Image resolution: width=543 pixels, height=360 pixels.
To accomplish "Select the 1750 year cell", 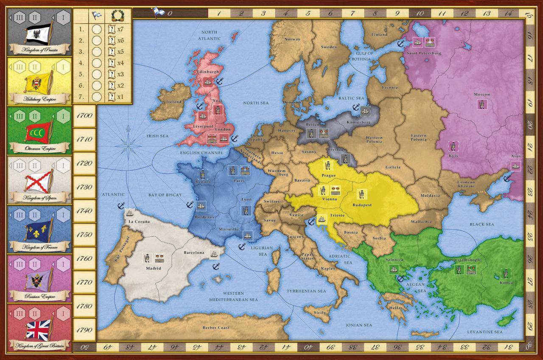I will pyautogui.click(x=84, y=234).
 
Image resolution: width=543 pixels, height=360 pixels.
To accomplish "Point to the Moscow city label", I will pyautogui.click(x=481, y=94).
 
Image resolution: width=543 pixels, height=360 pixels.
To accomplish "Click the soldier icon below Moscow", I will pyautogui.click(x=481, y=103).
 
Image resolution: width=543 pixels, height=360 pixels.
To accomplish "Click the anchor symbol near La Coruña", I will pyautogui.click(x=120, y=206).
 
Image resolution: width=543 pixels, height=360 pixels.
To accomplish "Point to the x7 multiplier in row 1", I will pyautogui.click(x=120, y=30).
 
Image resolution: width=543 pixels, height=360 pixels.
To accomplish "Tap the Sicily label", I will pyautogui.click(x=320, y=313).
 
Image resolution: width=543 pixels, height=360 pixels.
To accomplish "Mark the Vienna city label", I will pyautogui.click(x=330, y=198).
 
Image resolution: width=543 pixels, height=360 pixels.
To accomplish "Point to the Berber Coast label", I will pyautogui.click(x=216, y=327).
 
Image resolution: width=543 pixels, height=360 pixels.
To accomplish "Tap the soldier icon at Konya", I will pyautogui.click(x=505, y=273).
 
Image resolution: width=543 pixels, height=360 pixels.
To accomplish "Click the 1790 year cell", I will pyautogui.click(x=84, y=329).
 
